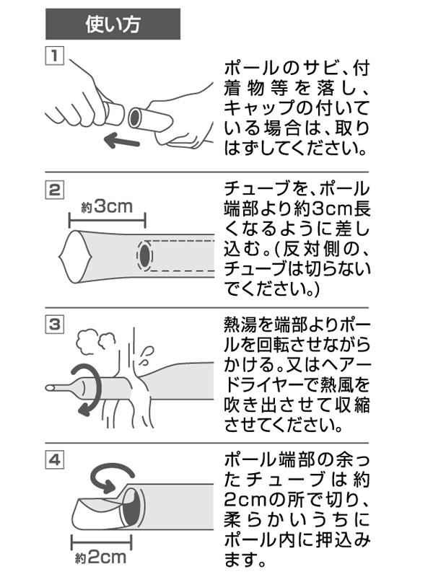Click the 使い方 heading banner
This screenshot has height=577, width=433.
tap(113, 24)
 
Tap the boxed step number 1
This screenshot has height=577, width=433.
tap(55, 56)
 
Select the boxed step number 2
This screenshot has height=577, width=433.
tap(55, 190)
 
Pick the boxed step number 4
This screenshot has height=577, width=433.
tap(55, 459)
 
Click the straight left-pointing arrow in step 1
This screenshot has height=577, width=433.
tap(121, 141)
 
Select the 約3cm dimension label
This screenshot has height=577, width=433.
tap(107, 206)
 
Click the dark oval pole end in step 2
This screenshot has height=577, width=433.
tap(145, 254)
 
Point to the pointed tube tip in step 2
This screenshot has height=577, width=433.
tap(59, 255)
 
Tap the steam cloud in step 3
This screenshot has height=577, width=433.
tap(97, 341)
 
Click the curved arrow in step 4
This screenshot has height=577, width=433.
tap(110, 476)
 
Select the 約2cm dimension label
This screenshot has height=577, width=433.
tap(101, 558)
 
